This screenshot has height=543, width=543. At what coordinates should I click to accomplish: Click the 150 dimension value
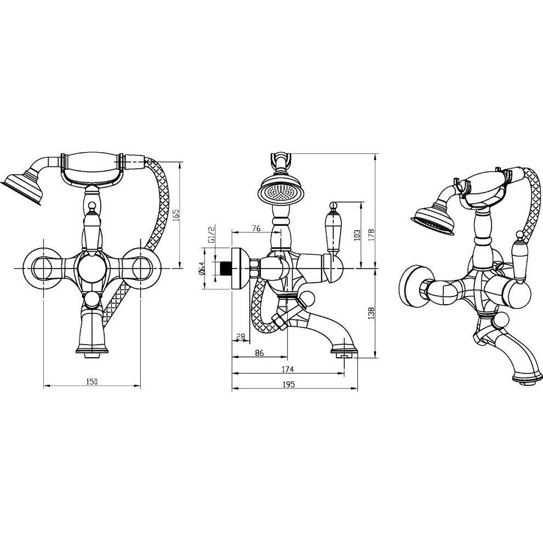click(92, 381)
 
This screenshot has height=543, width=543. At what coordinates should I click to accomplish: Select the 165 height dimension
click(175, 215)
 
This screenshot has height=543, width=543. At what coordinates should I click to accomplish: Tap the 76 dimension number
click(256, 228)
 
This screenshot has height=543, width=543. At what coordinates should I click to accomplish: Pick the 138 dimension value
click(371, 313)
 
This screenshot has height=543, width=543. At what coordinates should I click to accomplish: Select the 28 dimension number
click(241, 336)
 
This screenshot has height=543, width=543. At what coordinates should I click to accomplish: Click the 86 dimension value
click(259, 353)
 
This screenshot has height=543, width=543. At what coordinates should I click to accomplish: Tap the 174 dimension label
click(288, 369)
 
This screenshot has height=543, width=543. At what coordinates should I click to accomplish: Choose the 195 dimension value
click(288, 385)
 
